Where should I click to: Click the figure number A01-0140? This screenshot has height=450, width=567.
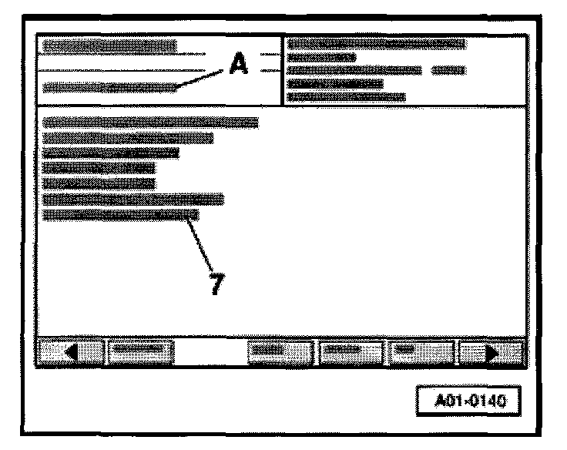[466, 401]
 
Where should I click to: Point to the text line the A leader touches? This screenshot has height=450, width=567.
[109, 87]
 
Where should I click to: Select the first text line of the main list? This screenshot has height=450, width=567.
[151, 122]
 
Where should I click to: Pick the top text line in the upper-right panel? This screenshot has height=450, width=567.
[376, 44]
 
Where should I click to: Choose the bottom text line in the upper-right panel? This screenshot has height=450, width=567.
[346, 97]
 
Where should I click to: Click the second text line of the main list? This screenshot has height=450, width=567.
[128, 138]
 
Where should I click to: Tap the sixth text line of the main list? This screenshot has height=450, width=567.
[133, 200]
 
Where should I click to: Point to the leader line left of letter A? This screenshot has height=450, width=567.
[202, 78]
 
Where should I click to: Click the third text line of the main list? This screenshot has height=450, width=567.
[112, 153]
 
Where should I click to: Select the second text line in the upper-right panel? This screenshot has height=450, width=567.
[321, 57]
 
